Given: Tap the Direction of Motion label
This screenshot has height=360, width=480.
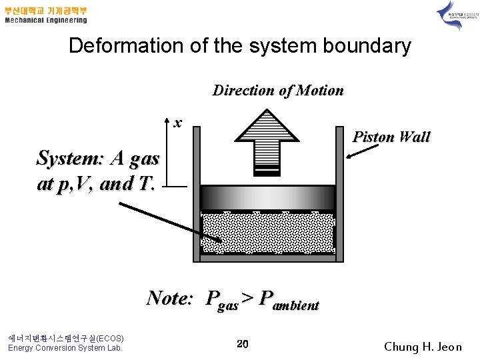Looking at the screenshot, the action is click(278, 91).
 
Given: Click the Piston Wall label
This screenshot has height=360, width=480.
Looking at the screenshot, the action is click(391, 137).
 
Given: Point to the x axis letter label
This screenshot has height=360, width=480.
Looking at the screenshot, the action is click(177, 123).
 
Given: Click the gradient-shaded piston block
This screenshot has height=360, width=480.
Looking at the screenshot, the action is click(267, 198).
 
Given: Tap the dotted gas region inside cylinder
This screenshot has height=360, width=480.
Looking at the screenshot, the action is click(267, 233).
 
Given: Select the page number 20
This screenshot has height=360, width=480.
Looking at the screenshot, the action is click(243, 344).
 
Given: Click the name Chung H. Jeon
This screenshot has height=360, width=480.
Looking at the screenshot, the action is click(423, 347).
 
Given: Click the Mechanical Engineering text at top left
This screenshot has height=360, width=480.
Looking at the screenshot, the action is click(45, 20).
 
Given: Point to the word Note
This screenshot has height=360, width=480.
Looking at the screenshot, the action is click(169, 297).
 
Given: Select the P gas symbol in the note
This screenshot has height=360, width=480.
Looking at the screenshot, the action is click(223, 301).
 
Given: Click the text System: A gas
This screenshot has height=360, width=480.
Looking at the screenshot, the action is click(98, 159).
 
